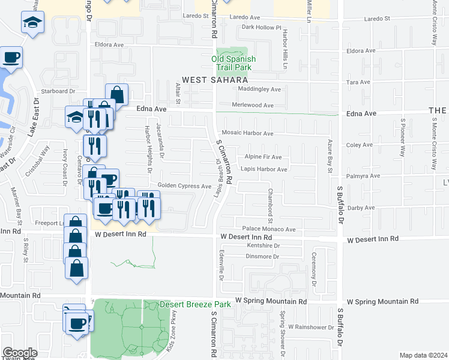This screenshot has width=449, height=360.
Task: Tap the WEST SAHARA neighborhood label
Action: pos(215,80)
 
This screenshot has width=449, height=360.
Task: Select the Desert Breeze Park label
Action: pos(195,304)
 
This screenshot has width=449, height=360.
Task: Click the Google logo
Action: pos(20,353)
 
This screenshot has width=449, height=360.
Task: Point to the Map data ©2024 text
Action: pos(423,355)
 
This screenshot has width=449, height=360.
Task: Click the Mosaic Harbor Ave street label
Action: pos(247,133)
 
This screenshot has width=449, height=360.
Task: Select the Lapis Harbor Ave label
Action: pos(264,169)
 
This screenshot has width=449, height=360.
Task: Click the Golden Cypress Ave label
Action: pos(184,186)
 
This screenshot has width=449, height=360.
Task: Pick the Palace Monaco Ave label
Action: pos(269,229)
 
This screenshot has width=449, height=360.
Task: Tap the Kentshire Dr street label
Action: pos(264,245)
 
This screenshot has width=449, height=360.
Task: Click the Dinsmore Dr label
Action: pos(263,256)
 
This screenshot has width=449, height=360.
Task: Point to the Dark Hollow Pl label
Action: pos(261,28)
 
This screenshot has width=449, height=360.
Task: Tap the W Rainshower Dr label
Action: pos(310,327)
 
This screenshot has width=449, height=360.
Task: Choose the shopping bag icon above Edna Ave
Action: pos(116,94)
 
